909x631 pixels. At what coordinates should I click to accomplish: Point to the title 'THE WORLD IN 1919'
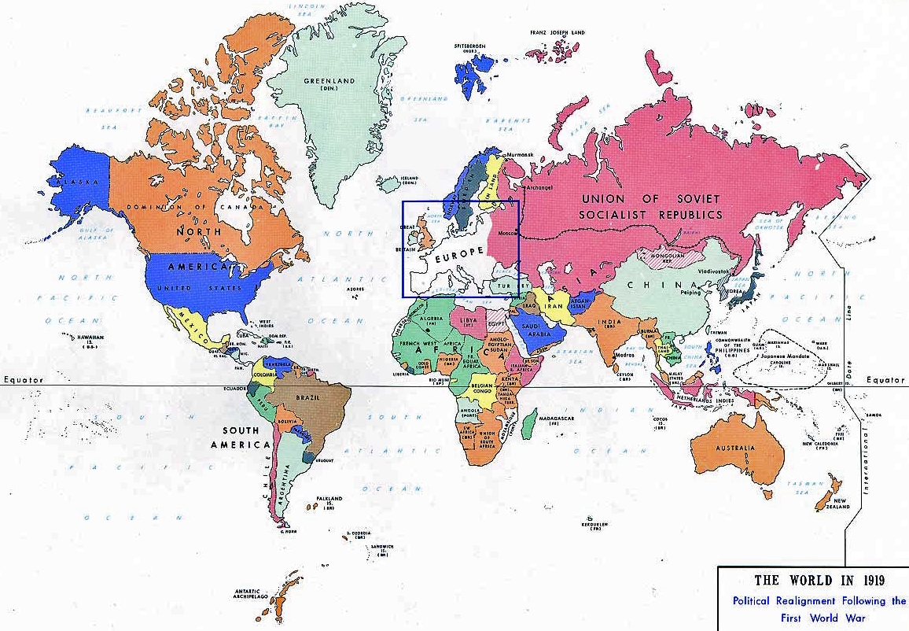point(819,581)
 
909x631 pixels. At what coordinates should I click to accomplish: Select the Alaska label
point(80,182)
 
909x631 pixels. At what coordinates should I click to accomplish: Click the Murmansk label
point(521,154)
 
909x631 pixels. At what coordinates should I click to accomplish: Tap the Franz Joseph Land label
point(558,32)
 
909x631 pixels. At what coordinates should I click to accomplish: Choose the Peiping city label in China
point(690,292)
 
